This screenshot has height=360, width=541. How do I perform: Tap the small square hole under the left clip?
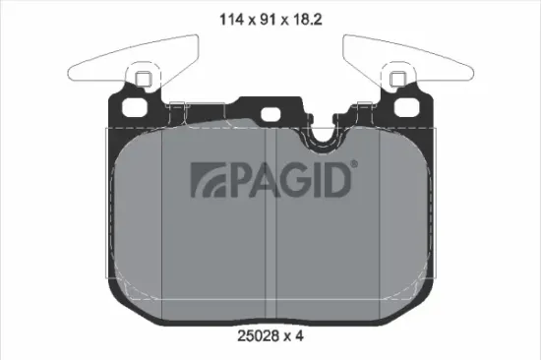(x=143, y=80)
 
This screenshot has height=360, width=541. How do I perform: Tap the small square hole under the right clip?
(x=397, y=80)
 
